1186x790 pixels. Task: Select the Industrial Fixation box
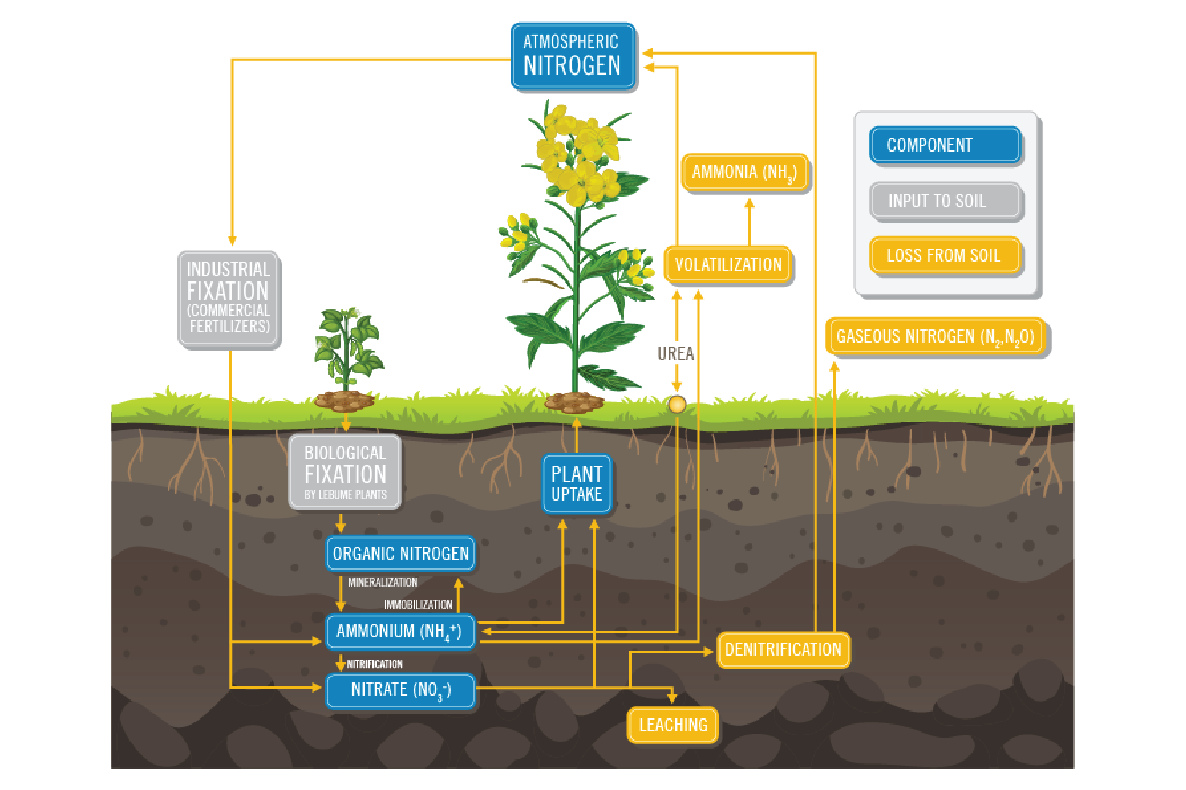point(229,298)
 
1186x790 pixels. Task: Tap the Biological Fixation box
point(345,471)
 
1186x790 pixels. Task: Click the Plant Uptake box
point(577,484)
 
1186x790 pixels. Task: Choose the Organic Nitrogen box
point(400,553)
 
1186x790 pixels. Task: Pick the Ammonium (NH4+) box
point(399,631)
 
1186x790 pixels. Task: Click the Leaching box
point(672,725)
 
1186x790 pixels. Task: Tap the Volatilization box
point(728,265)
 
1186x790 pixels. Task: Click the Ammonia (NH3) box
point(745,172)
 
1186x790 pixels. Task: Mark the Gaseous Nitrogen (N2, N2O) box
point(936,336)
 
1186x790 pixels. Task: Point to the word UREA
point(676,353)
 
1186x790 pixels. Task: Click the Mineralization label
point(382,582)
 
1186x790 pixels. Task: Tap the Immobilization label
point(418,605)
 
